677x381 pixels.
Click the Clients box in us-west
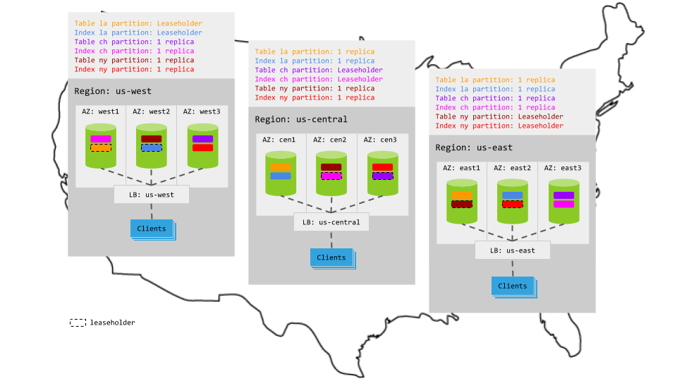[151, 229]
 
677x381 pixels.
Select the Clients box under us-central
[331, 258]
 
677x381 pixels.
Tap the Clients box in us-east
[512, 286]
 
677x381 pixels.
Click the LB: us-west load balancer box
[151, 195]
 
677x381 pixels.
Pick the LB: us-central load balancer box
[331, 222]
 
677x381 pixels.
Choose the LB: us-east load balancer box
[512, 250]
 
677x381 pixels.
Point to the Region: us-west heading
[113, 91]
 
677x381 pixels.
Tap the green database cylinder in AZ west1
[101, 146]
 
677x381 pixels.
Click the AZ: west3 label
[202, 111]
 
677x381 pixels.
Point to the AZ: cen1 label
[281, 140]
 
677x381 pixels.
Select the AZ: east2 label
[512, 168]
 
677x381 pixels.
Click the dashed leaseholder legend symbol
[78, 322]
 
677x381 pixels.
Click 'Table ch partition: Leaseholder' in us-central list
[319, 70]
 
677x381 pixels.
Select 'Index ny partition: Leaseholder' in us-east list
[499, 126]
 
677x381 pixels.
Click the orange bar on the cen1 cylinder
[281, 167]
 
